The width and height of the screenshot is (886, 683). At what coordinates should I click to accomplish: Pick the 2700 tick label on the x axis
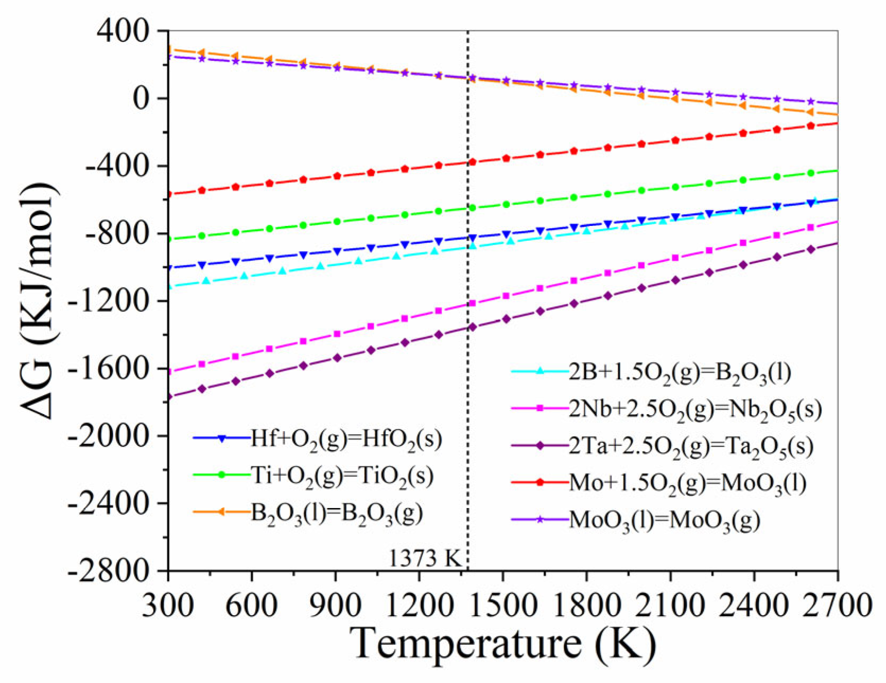837,605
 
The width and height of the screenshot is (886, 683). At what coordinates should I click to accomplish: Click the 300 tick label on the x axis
168,605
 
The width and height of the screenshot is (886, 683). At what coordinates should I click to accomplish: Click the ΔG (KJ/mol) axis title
38,300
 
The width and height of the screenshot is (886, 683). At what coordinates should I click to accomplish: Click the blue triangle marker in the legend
222,439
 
